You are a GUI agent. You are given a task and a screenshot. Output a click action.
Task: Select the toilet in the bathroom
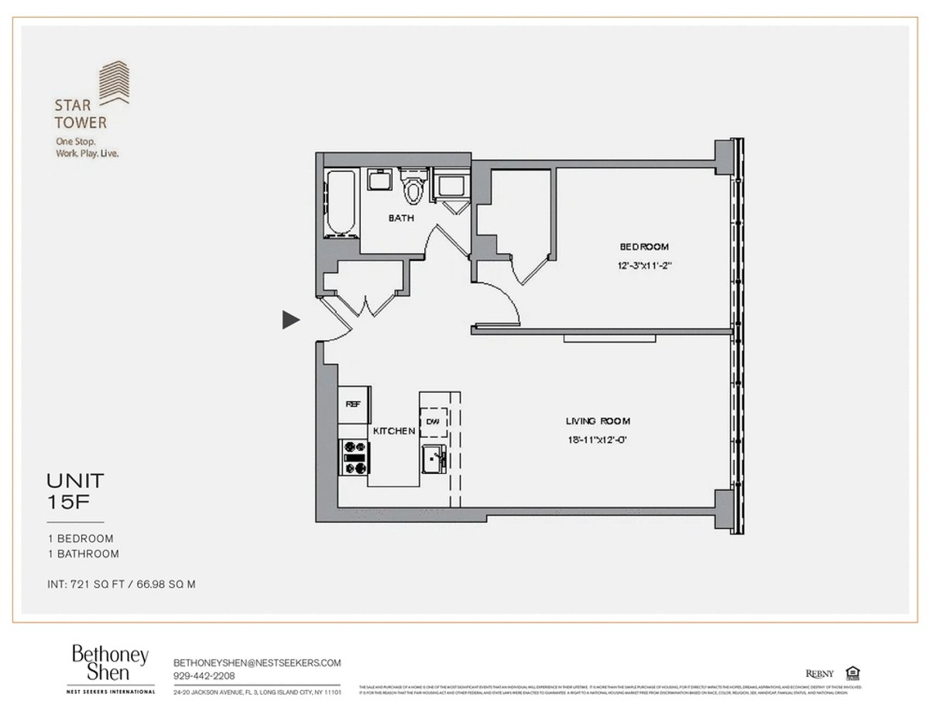coord(414,187)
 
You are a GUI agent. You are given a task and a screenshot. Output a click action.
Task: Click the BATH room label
coord(400,218)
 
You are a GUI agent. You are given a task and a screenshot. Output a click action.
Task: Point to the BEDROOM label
coord(643,247)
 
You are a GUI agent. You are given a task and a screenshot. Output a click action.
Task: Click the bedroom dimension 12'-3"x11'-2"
coord(643,266)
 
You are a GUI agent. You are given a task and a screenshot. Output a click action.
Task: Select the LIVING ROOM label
coord(597,421)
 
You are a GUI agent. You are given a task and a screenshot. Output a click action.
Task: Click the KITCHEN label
coord(394,431)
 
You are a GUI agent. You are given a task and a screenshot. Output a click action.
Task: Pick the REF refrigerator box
coord(353,404)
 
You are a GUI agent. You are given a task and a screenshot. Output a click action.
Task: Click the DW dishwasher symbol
coord(434,421)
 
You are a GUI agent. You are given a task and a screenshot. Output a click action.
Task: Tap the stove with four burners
coord(354,457)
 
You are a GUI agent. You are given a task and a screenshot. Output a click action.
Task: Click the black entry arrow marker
coord(290,319)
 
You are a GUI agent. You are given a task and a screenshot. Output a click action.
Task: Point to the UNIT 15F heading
coord(75,491)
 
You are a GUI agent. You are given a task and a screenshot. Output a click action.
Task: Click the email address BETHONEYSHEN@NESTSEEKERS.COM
coord(257,663)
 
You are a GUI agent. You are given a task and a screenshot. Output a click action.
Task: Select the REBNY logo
coord(820,673)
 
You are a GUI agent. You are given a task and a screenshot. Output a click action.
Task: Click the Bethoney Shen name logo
coord(110,663)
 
